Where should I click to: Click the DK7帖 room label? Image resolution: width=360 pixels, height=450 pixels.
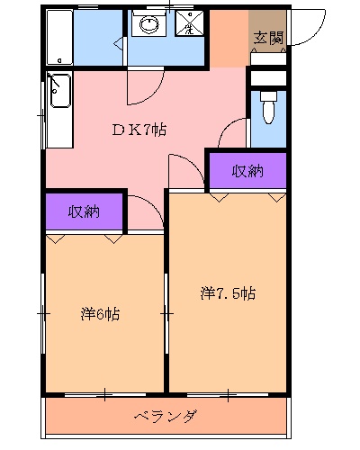139,129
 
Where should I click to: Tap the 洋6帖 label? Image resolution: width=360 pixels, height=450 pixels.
101,314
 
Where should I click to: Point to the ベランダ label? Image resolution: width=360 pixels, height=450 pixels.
166,417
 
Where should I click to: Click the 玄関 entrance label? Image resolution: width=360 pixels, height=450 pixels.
267,37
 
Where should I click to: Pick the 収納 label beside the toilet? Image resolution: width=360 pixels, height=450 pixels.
247,171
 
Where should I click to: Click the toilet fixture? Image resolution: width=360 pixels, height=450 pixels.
267,112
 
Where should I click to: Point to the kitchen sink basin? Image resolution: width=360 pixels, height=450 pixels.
59,90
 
